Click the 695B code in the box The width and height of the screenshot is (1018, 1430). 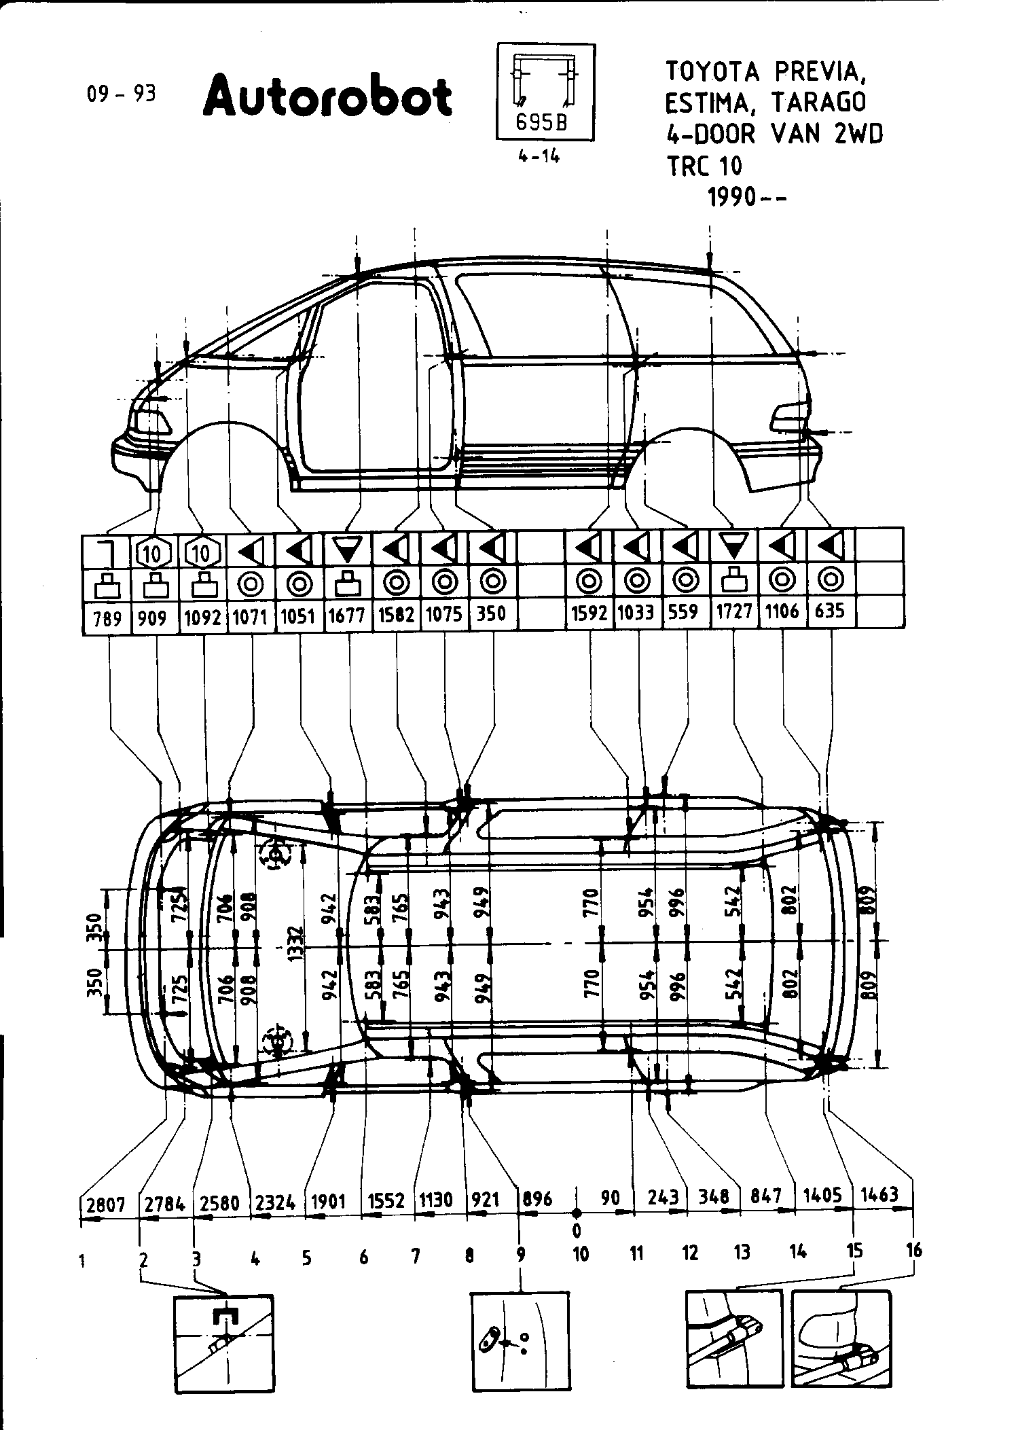541,122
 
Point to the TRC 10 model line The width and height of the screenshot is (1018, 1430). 704,166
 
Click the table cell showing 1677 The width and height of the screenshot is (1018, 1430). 348,615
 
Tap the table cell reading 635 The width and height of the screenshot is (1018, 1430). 830,611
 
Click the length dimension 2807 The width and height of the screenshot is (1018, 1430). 106,1204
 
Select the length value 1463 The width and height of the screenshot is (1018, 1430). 879,1194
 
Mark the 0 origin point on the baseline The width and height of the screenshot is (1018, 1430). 576,1213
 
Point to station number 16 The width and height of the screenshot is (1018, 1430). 914,1250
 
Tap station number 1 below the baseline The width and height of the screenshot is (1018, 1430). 82,1262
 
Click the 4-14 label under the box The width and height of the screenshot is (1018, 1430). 539,156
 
